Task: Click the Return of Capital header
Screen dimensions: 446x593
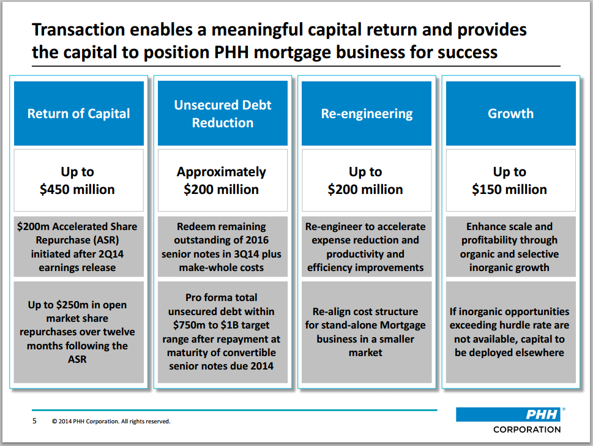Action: coord(79,114)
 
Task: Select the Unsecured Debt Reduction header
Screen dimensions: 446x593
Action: coord(223,114)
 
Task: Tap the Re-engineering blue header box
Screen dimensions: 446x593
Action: coord(367,114)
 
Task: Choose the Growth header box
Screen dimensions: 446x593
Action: coord(510,114)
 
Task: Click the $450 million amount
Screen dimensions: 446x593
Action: coord(78,190)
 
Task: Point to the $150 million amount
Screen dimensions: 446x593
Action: coord(509,190)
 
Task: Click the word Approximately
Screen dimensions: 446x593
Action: coord(222,172)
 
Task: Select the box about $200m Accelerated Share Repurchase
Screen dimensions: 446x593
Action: coord(78,247)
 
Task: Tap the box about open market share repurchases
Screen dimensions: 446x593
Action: coord(78,332)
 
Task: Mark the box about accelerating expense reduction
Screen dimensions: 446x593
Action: coord(365,247)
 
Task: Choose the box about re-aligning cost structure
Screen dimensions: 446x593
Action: coord(365,332)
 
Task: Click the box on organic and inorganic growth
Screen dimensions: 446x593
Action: coord(509,247)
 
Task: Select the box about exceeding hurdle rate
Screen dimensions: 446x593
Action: coord(509,332)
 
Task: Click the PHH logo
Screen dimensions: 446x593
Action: coord(508,414)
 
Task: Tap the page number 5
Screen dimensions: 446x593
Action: coord(34,421)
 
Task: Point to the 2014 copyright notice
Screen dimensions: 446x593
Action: coord(111,422)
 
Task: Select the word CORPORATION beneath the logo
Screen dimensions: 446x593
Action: coord(527,429)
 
